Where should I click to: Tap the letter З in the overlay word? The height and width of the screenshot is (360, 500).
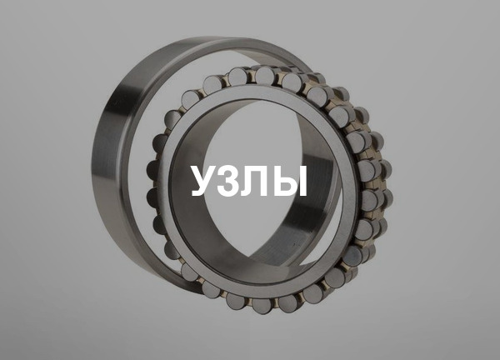tap(234, 181)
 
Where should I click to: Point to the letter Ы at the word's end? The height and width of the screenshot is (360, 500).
tap(292, 181)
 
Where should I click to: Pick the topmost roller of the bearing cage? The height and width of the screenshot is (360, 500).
tap(265, 76)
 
